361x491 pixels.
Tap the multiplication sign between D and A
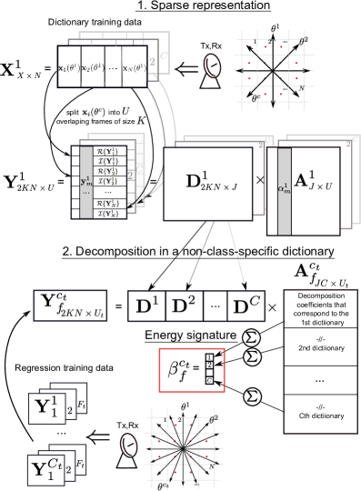click(260, 181)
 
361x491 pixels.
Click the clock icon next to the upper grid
click(213, 65)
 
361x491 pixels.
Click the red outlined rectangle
click(193, 369)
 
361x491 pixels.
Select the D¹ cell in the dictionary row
click(147, 306)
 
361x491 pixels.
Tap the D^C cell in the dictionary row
click(244, 306)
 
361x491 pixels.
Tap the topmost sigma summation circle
click(251, 338)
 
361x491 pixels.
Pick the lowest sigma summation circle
click(251, 396)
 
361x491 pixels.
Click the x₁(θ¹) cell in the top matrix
click(70, 66)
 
